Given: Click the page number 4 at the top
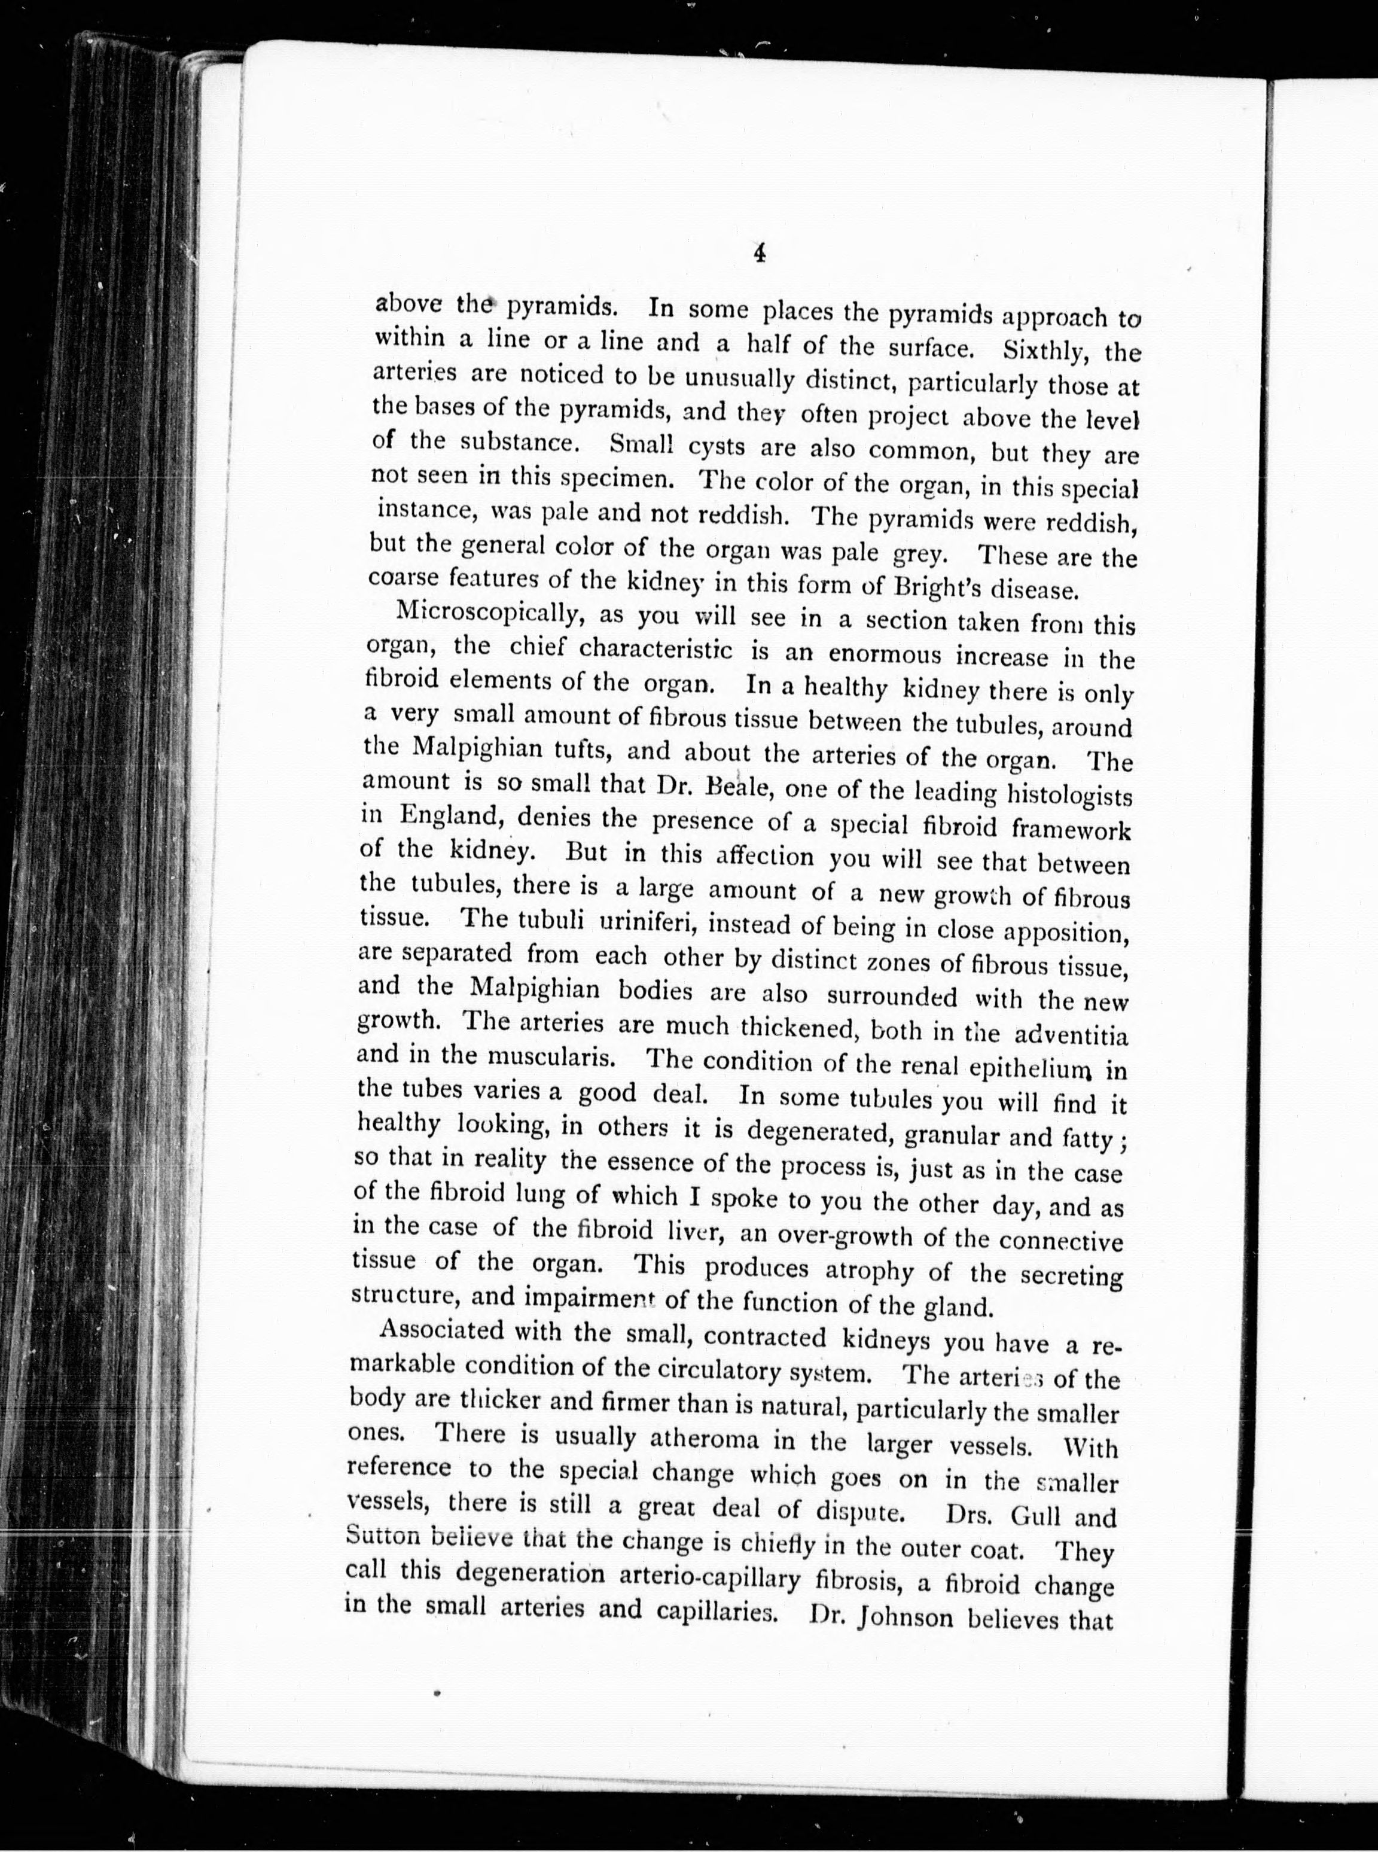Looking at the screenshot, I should point(759,254).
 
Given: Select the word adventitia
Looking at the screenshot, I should point(1071,1036).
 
